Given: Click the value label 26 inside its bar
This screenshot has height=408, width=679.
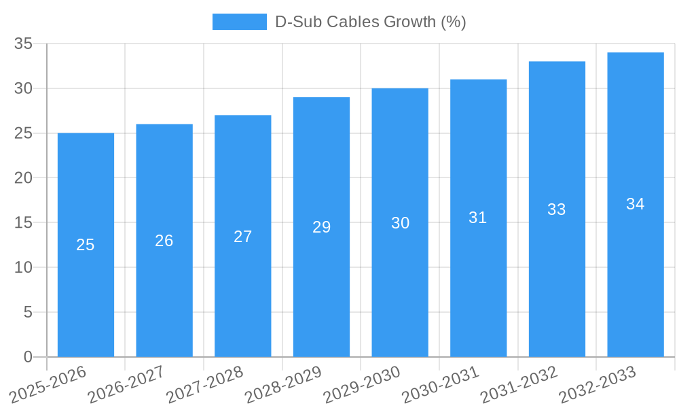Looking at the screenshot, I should [x=164, y=241].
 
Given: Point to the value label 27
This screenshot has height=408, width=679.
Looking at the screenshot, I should [x=243, y=237].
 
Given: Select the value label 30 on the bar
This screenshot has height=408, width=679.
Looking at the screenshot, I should [x=400, y=223].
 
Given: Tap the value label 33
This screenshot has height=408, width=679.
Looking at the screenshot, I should [x=557, y=209].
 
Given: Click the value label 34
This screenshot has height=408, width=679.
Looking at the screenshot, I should [x=636, y=204].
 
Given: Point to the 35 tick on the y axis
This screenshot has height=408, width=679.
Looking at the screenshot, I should [x=23, y=44].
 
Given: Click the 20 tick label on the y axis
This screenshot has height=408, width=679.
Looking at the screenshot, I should [x=23, y=178].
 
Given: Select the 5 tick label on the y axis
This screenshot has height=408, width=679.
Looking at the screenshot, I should [x=28, y=312].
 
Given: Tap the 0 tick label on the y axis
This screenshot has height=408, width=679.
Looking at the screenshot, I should [x=28, y=357].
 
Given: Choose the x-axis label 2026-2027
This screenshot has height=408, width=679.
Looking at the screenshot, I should [x=126, y=384].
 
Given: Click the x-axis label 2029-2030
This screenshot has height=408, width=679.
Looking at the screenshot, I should [x=362, y=384].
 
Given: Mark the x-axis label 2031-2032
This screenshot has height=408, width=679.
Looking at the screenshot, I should [x=519, y=384].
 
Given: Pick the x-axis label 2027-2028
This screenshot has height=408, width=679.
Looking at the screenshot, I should [x=205, y=384].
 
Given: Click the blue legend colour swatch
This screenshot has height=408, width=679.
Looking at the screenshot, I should [x=239, y=22].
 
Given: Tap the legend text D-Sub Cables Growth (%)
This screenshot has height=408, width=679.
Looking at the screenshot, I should [x=370, y=22].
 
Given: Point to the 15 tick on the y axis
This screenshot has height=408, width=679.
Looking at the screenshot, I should [x=23, y=222].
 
